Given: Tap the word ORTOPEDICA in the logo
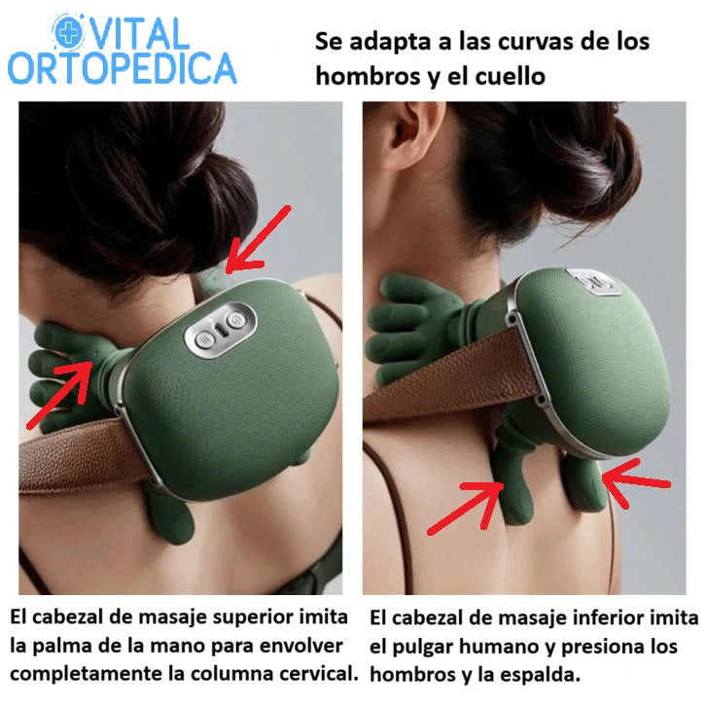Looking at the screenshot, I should [x=122, y=68].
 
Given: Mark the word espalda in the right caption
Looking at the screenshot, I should [x=547, y=673].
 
